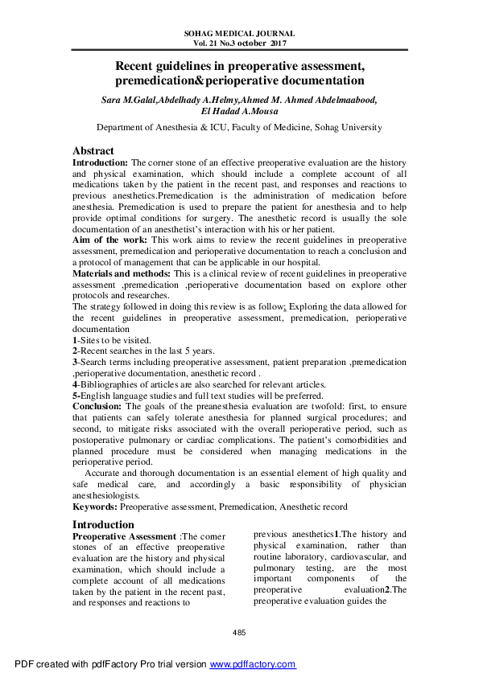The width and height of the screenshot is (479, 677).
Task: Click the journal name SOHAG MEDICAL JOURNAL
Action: (x=239, y=34)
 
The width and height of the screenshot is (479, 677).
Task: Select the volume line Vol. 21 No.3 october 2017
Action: (x=239, y=43)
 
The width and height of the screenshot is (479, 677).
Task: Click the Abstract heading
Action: (x=93, y=150)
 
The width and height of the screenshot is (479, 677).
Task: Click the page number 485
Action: (x=239, y=634)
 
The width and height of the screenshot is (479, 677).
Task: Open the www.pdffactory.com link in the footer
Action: (x=253, y=664)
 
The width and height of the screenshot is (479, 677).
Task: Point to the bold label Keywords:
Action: (x=95, y=507)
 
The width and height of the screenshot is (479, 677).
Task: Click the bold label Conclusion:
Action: (x=98, y=407)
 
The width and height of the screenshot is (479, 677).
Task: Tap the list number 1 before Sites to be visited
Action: (x=75, y=340)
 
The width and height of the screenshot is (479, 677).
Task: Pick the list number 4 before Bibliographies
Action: (x=75, y=384)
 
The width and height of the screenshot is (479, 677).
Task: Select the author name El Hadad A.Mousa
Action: (x=239, y=112)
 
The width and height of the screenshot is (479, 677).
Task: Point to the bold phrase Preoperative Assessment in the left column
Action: (x=125, y=535)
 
